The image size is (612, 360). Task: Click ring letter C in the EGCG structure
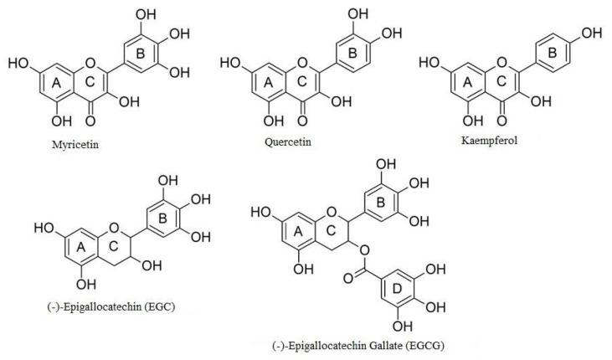[332, 234]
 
